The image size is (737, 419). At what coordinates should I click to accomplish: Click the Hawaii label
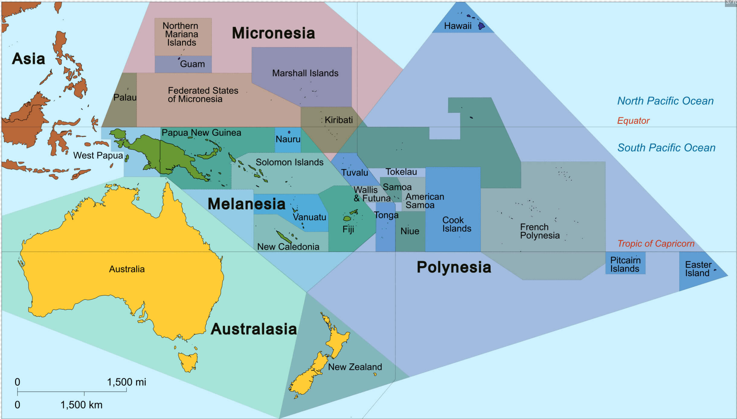pyautogui.click(x=458, y=26)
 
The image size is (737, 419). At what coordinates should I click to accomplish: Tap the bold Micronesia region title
pyautogui.click(x=273, y=33)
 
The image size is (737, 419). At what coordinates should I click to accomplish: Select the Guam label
pyautogui.click(x=192, y=64)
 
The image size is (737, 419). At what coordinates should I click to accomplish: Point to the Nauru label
pyautogui.click(x=288, y=139)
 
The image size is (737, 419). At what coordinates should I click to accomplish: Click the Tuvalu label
pyautogui.click(x=355, y=172)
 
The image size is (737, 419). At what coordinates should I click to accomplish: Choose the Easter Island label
pyautogui.click(x=698, y=269)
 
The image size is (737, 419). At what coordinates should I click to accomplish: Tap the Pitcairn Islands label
pyautogui.click(x=625, y=264)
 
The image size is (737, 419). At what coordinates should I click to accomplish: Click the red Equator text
pyautogui.click(x=633, y=121)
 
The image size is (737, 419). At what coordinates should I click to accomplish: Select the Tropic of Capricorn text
pyautogui.click(x=656, y=243)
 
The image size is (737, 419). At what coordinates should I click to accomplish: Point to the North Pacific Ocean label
pyautogui.click(x=665, y=101)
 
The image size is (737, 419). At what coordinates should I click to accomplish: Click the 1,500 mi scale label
pyautogui.click(x=127, y=382)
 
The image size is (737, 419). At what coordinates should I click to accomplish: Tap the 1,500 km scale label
pyautogui.click(x=82, y=405)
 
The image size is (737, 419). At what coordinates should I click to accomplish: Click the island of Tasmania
pyautogui.click(x=188, y=362)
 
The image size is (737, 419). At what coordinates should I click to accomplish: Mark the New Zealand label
pyautogui.click(x=355, y=367)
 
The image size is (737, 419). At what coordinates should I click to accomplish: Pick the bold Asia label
pyautogui.click(x=28, y=59)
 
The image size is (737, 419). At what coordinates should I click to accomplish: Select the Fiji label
pyautogui.click(x=348, y=229)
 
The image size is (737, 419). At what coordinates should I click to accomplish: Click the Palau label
pyautogui.click(x=125, y=98)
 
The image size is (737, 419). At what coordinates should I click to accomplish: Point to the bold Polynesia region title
pyautogui.click(x=454, y=267)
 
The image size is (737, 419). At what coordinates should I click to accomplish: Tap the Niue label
pyautogui.click(x=410, y=231)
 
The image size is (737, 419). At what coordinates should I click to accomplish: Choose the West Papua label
pyautogui.click(x=98, y=156)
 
